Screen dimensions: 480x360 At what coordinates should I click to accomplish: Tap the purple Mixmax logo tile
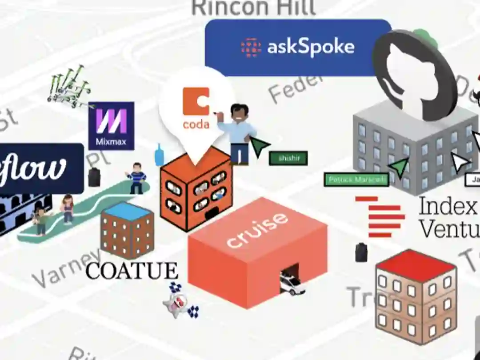[111, 126]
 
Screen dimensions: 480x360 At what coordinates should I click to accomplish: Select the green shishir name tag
[288, 158]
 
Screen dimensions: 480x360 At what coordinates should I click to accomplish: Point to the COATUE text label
[132, 271]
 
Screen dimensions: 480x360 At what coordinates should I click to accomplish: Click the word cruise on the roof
[256, 230]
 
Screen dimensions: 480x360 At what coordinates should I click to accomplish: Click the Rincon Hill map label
[253, 8]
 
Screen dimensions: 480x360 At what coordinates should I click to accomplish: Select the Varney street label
[67, 267]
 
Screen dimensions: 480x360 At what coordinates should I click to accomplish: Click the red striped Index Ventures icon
[380, 216]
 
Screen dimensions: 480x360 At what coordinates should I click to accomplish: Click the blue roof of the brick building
[128, 211]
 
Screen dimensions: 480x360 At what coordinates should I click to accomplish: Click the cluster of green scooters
[69, 87]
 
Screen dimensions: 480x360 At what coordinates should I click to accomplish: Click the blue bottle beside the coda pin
[159, 155]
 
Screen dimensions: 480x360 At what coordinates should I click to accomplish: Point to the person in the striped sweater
[136, 178]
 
